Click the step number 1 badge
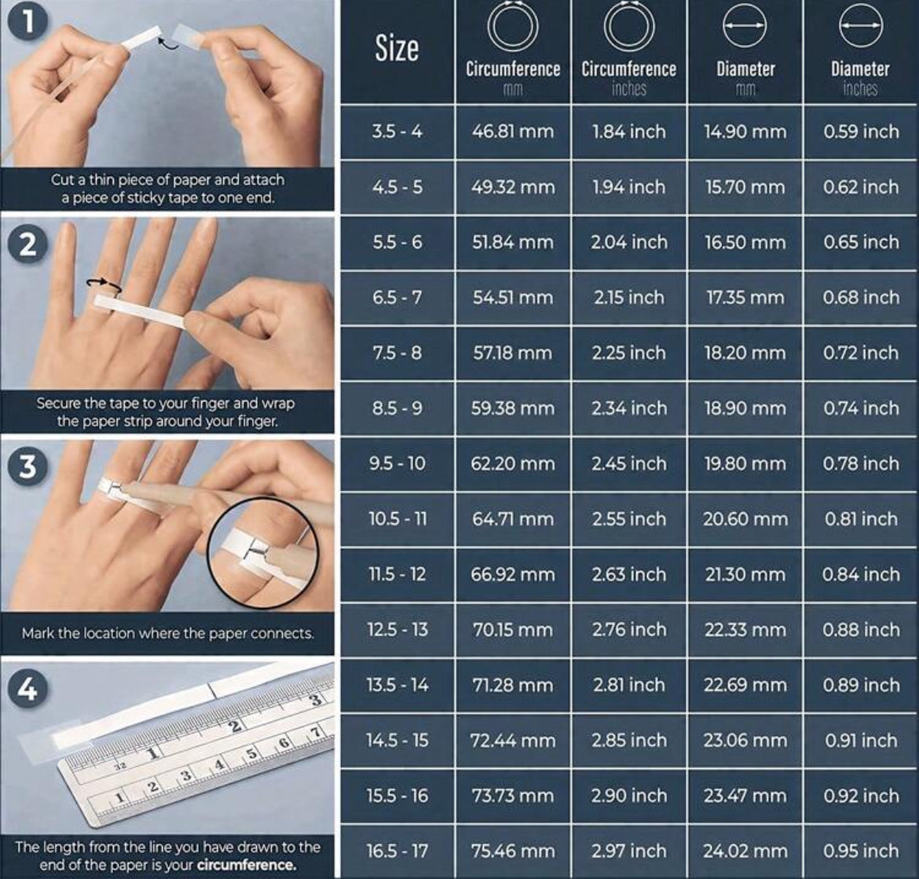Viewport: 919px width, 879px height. pyautogui.click(x=27, y=22)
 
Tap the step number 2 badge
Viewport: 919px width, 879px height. pyautogui.click(x=27, y=244)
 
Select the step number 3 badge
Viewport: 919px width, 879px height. pyautogui.click(x=27, y=466)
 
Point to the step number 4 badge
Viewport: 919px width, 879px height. pyautogui.click(x=27, y=689)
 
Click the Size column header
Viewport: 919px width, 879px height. pyautogui.click(x=397, y=49)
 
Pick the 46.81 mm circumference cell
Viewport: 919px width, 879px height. pyautogui.click(x=513, y=131)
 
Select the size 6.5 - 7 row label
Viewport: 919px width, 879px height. pyautogui.click(x=397, y=297)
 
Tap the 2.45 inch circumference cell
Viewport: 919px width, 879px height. pyautogui.click(x=629, y=463)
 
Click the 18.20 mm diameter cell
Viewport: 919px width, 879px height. pyautogui.click(x=745, y=353)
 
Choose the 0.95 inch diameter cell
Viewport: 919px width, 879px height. pyautogui.click(x=861, y=851)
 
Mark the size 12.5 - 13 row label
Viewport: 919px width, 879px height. pyautogui.click(x=397, y=629)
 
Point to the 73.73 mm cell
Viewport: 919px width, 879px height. pyautogui.click(x=513, y=795)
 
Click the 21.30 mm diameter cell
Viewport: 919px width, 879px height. pyautogui.click(x=745, y=574)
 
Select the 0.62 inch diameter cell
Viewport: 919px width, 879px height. pyautogui.click(x=861, y=187)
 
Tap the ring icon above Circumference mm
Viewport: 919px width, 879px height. pyautogui.click(x=513, y=27)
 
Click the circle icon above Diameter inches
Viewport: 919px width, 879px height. pyautogui.click(x=861, y=26)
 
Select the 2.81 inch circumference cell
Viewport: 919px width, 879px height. pyautogui.click(x=629, y=685)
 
